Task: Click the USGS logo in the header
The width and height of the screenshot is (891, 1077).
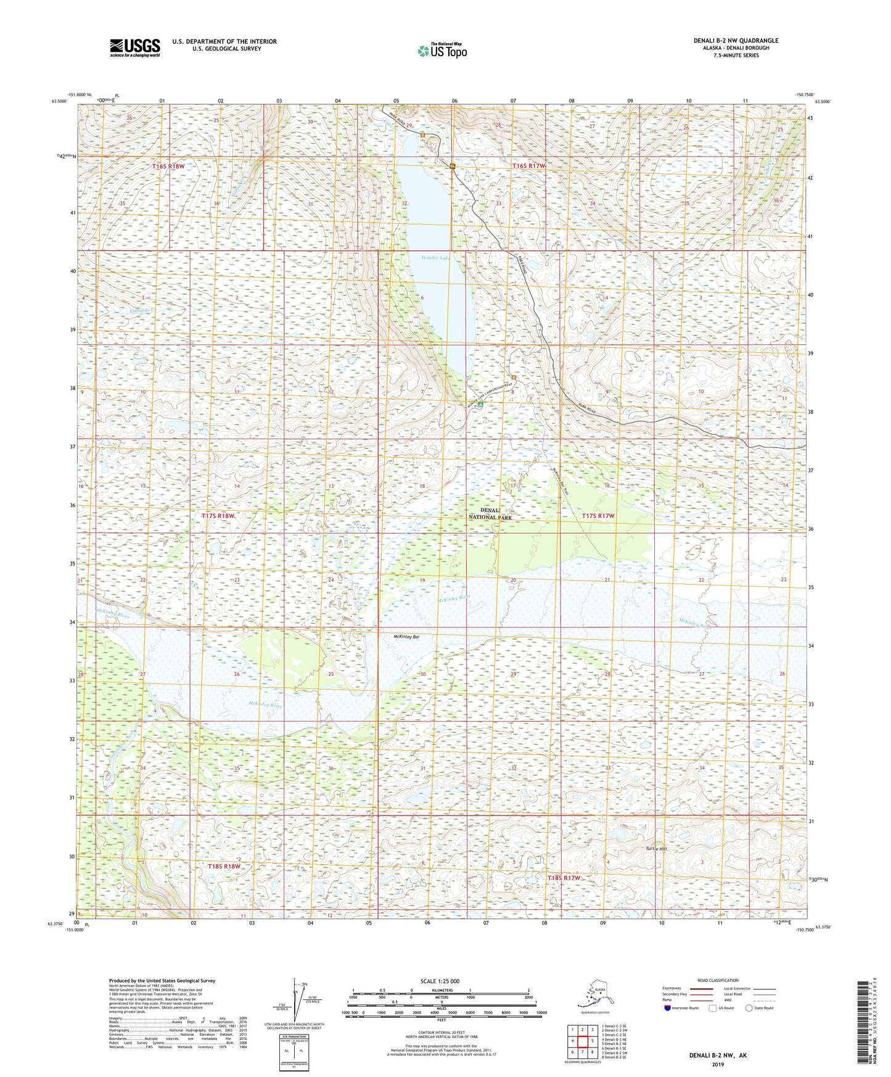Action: pyautogui.click(x=134, y=47)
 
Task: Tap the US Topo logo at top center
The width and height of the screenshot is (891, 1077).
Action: pyautogui.click(x=442, y=51)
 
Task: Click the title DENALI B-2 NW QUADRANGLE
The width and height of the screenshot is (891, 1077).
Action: pyautogui.click(x=735, y=41)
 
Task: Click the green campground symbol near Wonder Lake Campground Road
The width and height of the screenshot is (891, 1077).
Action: pyautogui.click(x=480, y=404)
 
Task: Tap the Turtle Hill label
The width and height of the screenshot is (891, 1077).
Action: pyautogui.click(x=655, y=849)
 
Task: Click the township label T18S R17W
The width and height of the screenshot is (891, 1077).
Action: pyautogui.click(x=564, y=877)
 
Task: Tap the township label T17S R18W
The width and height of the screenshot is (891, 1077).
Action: pyautogui.click(x=218, y=516)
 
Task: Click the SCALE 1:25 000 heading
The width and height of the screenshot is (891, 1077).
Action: pyautogui.click(x=440, y=981)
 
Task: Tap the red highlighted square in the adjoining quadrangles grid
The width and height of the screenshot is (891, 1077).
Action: pyautogui.click(x=582, y=1041)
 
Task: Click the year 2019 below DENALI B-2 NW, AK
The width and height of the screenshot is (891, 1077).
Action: pyautogui.click(x=717, y=1064)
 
